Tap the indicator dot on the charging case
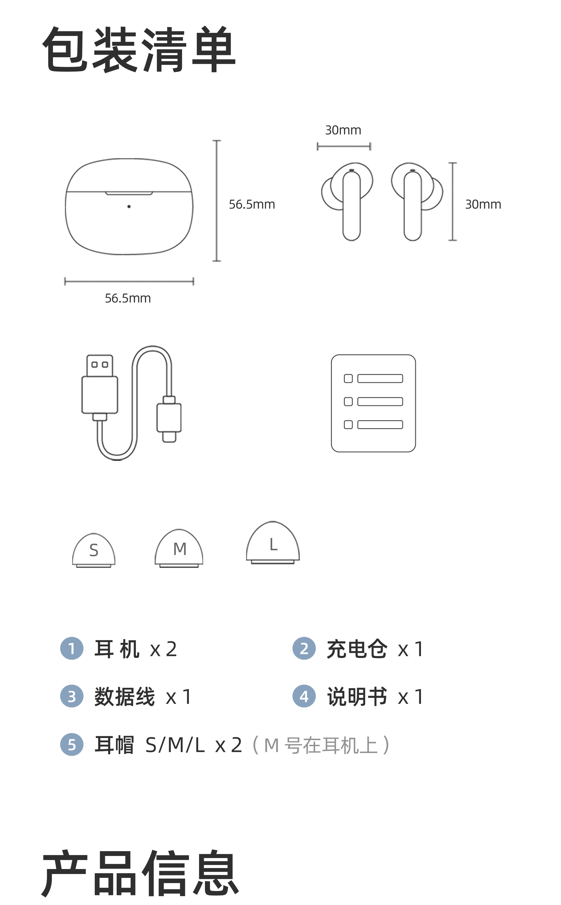click(129, 206)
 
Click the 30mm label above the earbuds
click(343, 130)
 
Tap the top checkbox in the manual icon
click(348, 379)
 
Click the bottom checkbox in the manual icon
click(348, 424)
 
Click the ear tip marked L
click(273, 543)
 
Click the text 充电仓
click(357, 649)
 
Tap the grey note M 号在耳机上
click(321, 745)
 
